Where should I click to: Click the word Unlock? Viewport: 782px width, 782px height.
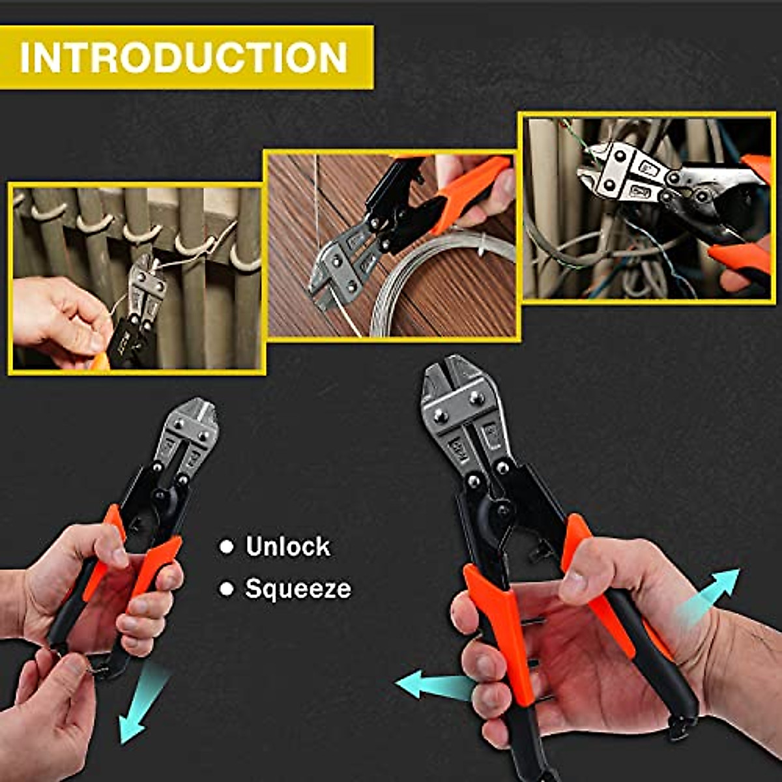[x=287, y=547]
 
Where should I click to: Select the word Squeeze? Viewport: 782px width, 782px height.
[x=298, y=589]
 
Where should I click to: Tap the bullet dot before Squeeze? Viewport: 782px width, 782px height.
[x=227, y=590]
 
